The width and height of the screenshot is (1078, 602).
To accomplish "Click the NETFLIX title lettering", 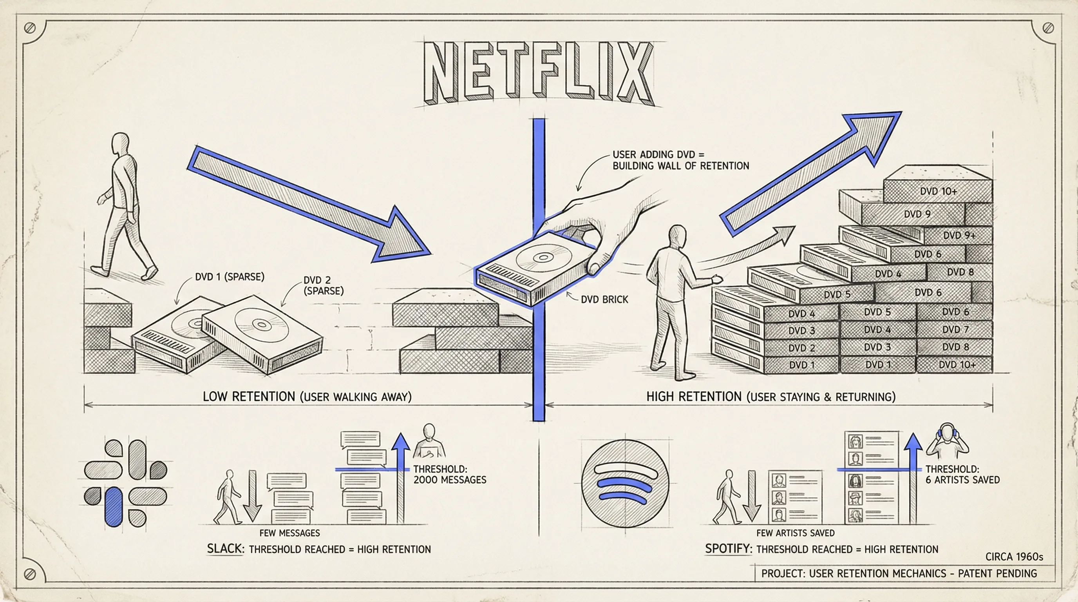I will (x=538, y=73).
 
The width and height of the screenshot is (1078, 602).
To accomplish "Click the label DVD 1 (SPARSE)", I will (x=229, y=277).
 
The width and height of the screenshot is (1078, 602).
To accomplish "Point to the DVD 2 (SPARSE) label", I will (x=323, y=285).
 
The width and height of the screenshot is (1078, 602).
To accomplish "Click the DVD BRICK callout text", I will (x=604, y=299).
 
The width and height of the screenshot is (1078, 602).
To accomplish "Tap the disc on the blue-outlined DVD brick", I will (x=543, y=256).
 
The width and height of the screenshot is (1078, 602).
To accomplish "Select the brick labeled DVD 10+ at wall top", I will (x=938, y=191).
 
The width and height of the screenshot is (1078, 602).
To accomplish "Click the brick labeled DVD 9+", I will (x=959, y=235).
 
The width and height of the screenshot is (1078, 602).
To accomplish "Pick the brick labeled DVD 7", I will (x=955, y=330).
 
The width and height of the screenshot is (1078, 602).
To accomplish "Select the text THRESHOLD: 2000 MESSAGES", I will (x=449, y=474).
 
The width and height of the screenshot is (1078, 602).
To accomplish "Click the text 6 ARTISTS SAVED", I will (x=962, y=480).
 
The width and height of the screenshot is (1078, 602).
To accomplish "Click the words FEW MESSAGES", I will (x=289, y=533).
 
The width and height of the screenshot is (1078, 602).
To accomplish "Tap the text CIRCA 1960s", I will (x=1014, y=557).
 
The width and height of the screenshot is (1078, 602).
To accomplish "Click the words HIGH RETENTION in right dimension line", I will (x=693, y=397).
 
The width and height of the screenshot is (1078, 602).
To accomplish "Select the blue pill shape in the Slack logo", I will (x=114, y=506).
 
